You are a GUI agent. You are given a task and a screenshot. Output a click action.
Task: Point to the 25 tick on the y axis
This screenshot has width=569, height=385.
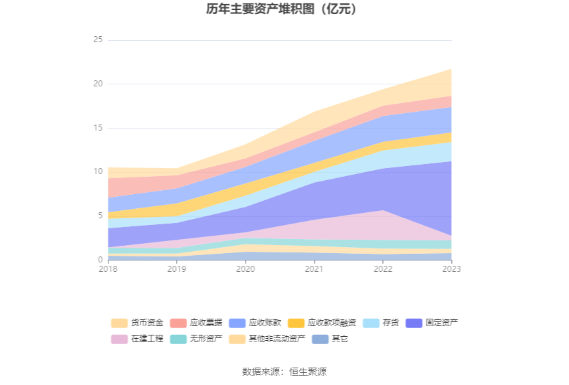(98, 40)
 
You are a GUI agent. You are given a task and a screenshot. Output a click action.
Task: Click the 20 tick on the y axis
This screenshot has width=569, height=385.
(98, 84)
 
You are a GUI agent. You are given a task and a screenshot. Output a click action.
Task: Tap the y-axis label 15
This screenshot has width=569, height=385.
(98, 128)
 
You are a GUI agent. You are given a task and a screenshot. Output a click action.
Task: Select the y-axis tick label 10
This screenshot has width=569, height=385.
(98, 171)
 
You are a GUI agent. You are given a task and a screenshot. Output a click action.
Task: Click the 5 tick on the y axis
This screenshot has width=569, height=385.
(100, 216)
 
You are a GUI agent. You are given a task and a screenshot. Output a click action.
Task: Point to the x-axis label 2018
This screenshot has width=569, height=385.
(108, 268)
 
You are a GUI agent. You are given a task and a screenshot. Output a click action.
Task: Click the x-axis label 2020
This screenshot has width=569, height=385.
(245, 268)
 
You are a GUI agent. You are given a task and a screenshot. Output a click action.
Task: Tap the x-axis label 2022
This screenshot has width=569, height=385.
(383, 268)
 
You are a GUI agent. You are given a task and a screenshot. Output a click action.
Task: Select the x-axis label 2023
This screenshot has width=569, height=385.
(451, 268)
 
